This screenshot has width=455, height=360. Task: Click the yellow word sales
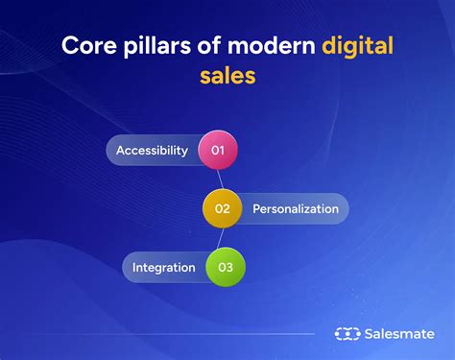(x=227, y=76)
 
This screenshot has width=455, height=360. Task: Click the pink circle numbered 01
(x=217, y=151)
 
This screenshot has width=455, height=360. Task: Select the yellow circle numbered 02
(x=222, y=208)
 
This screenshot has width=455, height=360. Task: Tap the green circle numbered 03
(x=226, y=267)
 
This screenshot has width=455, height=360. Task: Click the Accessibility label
(x=152, y=151)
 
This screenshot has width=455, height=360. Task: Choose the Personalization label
(x=295, y=208)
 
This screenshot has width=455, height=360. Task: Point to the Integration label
(x=163, y=267)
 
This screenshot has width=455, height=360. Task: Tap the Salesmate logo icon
(x=347, y=334)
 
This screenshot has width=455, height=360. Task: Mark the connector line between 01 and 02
(x=220, y=180)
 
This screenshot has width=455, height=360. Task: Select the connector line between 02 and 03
(x=224, y=238)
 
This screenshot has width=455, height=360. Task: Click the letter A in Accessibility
(x=120, y=151)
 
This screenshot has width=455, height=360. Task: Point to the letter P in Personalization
(x=256, y=208)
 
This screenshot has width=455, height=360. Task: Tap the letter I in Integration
(x=134, y=267)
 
